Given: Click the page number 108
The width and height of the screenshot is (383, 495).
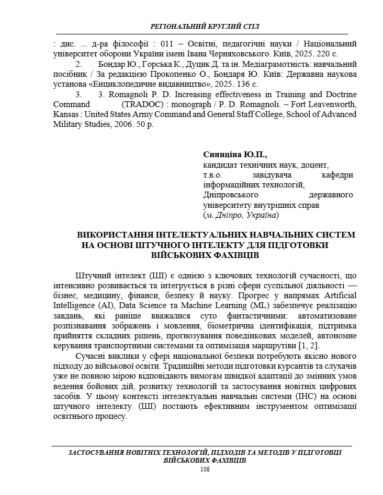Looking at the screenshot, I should click(x=205, y=470).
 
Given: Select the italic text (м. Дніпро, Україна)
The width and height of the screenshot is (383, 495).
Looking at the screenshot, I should click(x=241, y=215).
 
